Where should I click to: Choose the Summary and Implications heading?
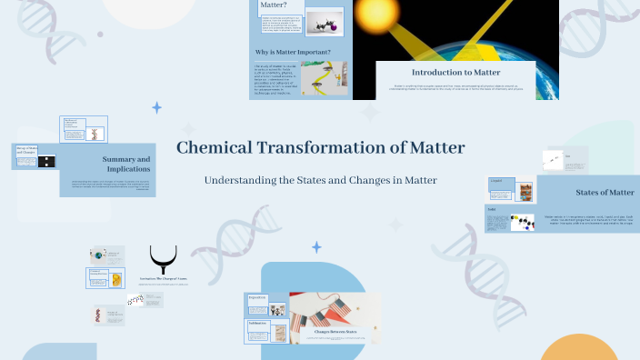(x=126, y=164)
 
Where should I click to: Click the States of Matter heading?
(x=605, y=192)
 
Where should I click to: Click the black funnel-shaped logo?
(x=164, y=259)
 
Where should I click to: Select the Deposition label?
(x=257, y=297)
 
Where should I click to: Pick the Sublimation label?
(x=258, y=323)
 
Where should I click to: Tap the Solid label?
(x=492, y=211)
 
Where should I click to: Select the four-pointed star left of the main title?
(x=156, y=107)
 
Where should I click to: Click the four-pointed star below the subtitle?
(x=316, y=247)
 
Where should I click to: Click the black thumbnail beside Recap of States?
(x=46, y=161)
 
